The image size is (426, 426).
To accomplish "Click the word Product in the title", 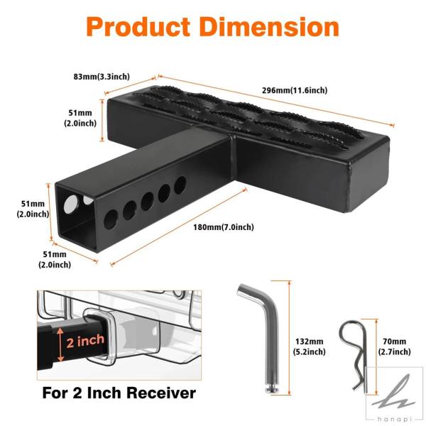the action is (x=138, y=27).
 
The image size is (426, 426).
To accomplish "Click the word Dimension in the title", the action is (x=270, y=27).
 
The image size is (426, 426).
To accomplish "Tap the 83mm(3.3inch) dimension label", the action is (x=102, y=77).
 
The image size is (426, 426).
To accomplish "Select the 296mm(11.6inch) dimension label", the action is (x=295, y=90).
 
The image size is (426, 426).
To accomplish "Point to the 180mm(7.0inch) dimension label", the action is (x=224, y=227).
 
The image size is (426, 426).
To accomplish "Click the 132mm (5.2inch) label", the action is (x=309, y=346).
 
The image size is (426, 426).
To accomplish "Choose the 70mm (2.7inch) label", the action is (x=395, y=346).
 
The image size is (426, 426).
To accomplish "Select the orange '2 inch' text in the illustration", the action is (x=85, y=342).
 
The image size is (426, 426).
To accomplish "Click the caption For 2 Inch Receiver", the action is (x=119, y=393).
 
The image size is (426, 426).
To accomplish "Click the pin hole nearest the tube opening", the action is (x=111, y=219).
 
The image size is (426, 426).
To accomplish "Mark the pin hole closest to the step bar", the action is (x=180, y=185).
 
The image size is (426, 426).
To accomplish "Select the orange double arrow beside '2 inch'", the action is (x=60, y=344).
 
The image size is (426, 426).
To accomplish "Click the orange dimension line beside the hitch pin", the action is (x=290, y=338).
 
